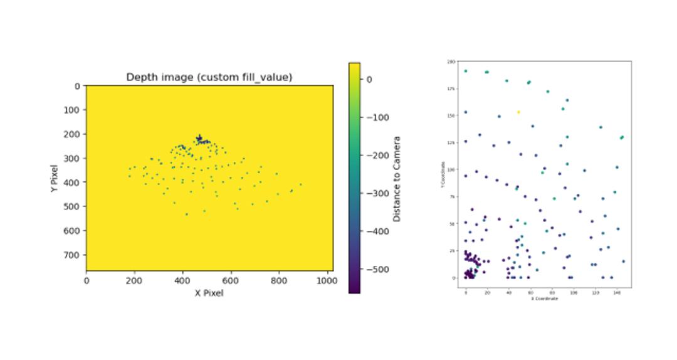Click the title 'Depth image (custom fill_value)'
tap(209, 77)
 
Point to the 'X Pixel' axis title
tap(209, 293)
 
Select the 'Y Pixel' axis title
tap(56, 178)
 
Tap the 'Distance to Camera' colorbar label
tap(397, 179)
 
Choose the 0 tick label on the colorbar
tap(369, 79)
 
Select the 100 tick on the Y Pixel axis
tap(73, 110)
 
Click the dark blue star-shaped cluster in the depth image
tap(199, 138)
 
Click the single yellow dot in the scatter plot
tap(518, 112)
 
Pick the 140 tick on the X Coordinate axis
tap(617, 292)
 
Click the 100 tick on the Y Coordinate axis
tap(451, 170)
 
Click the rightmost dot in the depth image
tap(300, 184)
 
